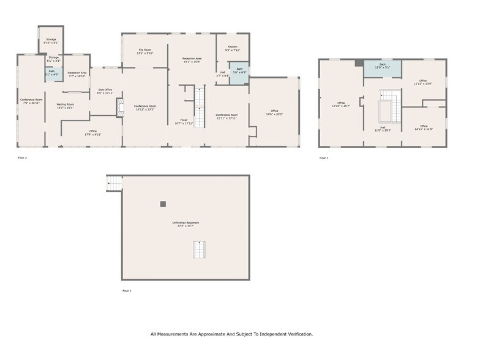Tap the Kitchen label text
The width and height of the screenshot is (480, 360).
tap(233, 47)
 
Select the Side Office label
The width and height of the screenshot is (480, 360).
tap(105, 90)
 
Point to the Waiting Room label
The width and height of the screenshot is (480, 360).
tap(66, 105)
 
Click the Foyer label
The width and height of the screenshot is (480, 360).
tap(184, 120)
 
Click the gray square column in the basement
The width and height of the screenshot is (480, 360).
tap(163, 204)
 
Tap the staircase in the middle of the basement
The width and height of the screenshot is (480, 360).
tap(200, 250)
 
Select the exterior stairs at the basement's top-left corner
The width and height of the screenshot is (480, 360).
tap(114, 183)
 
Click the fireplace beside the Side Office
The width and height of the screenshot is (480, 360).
tap(120, 107)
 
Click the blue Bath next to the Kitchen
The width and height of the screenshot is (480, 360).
tap(239, 72)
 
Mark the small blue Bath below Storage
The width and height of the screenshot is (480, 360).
tap(53, 75)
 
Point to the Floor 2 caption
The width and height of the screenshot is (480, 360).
tap(22, 158)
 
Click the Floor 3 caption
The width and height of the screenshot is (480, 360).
tap(324, 158)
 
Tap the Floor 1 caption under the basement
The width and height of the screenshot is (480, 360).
tap(127, 291)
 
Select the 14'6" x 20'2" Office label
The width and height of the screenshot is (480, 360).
tap(274, 111)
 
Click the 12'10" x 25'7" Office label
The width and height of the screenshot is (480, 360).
tap(341, 103)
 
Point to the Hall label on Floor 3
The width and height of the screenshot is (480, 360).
tap(383, 127)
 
